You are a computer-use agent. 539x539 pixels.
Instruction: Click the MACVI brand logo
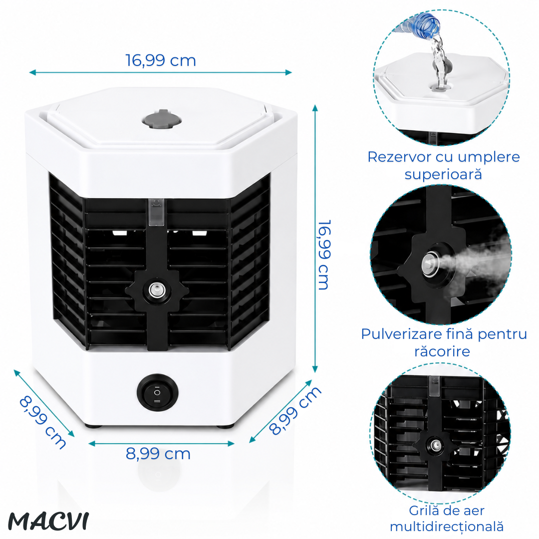tap(48, 522)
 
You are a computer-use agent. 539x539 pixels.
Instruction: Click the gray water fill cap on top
tap(162, 120)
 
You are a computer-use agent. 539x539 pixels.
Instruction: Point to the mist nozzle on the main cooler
tap(157, 290)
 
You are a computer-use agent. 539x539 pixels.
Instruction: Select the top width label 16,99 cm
tap(161, 60)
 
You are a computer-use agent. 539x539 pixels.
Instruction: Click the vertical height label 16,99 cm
tap(324, 255)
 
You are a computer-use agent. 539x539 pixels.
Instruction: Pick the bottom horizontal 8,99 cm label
tap(158, 454)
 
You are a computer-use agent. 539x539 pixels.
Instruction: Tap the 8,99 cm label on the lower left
tap(42, 422)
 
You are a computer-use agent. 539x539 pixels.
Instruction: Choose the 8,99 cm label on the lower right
tap(294, 410)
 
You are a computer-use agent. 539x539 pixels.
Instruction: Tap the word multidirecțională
tap(447, 527)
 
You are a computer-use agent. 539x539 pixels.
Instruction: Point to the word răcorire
tap(442, 351)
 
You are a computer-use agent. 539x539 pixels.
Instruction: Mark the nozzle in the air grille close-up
tap(435, 446)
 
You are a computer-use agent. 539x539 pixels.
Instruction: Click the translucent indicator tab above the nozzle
tap(157, 213)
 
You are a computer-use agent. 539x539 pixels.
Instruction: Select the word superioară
tap(443, 174)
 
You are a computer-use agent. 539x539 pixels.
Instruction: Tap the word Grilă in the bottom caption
tap(421, 511)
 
